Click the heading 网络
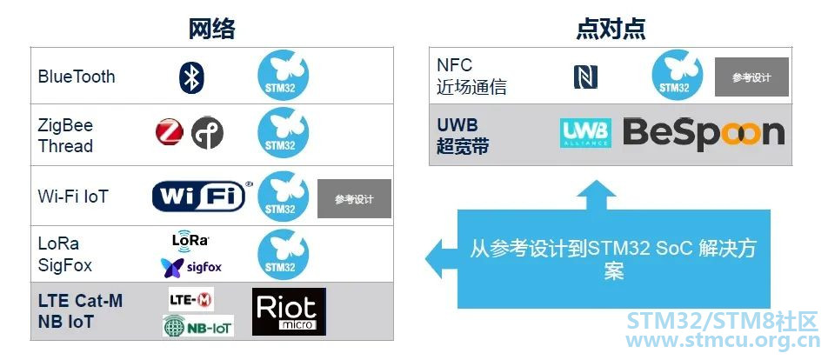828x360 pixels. click(x=211, y=29)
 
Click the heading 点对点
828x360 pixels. click(x=611, y=29)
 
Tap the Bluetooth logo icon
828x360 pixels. click(x=191, y=77)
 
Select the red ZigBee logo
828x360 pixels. click(x=170, y=132)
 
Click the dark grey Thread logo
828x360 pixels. click(x=207, y=132)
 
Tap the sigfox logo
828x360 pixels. click(x=191, y=268)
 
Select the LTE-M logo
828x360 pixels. click(x=191, y=299)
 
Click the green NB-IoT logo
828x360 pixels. click(x=198, y=326)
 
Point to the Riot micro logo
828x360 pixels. click(x=289, y=311)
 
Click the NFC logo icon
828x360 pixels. click(x=585, y=77)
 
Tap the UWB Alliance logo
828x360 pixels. click(x=585, y=133)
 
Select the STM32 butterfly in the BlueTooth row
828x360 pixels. click(x=283, y=75)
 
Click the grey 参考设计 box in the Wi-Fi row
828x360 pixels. click(x=354, y=198)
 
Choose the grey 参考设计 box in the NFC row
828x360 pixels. click(x=752, y=77)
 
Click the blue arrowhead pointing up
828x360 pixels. click(x=596, y=195)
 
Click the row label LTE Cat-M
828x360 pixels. click(x=80, y=301)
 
